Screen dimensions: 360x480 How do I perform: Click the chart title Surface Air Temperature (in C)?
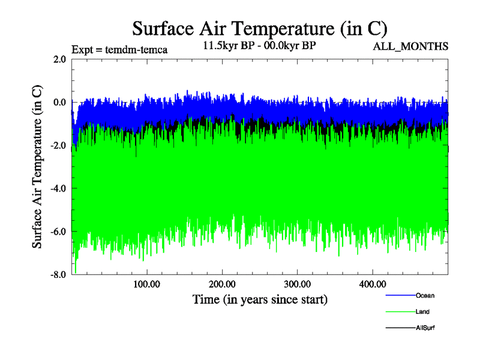[x=260, y=29]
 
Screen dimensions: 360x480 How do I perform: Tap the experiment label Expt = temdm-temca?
[x=119, y=49]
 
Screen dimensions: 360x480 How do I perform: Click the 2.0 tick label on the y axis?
[x=59, y=59]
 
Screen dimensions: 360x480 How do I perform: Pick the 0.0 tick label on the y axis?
[x=59, y=103]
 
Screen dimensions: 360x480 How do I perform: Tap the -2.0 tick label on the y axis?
[x=58, y=146]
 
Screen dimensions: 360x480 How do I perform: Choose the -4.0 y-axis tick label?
[x=58, y=189]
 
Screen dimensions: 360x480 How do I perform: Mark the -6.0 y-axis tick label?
[x=58, y=232]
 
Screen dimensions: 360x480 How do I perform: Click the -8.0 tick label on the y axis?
[x=58, y=275]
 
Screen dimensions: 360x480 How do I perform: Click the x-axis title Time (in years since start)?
[x=260, y=299]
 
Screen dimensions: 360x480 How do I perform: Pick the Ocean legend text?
[x=425, y=296]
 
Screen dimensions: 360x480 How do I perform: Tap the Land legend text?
[x=422, y=312]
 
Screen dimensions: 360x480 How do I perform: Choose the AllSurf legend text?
[x=425, y=328]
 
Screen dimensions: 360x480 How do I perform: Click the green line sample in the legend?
[x=400, y=312]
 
